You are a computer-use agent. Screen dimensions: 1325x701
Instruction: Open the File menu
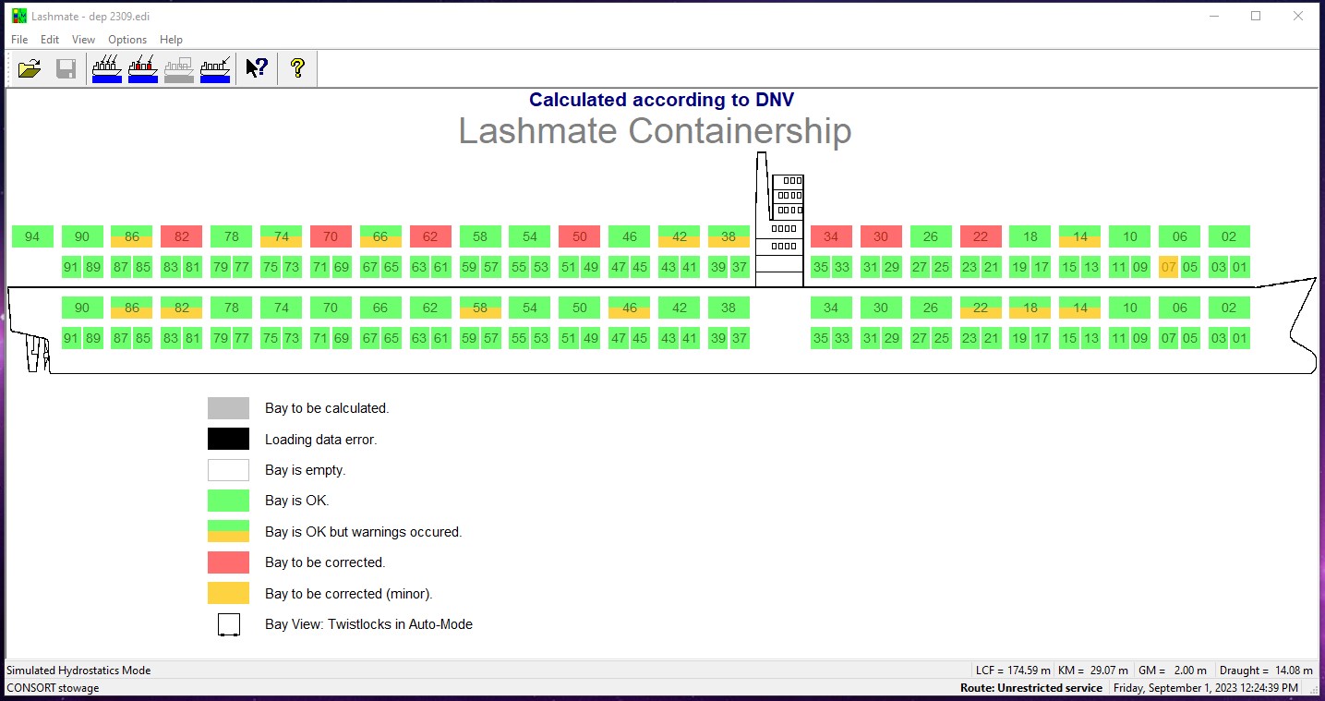point(18,40)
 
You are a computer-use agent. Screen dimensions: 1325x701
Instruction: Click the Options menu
point(127,40)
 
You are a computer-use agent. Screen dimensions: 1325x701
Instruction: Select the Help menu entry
point(171,40)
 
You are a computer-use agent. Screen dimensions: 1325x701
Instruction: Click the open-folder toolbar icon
point(30,68)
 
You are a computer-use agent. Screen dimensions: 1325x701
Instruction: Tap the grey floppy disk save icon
point(66,68)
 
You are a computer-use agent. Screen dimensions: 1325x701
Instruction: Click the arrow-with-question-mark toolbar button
point(257,68)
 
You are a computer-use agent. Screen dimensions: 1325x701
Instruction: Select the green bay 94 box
point(32,236)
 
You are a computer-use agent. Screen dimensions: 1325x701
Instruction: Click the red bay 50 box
point(580,236)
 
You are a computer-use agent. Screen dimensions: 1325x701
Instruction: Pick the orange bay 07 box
point(1168,268)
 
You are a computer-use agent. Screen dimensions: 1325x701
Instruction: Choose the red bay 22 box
point(981,236)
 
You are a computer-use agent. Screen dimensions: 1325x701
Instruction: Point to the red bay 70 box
point(331,236)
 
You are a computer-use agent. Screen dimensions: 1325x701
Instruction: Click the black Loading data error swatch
point(228,439)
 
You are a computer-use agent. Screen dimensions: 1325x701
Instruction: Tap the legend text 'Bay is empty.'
point(306,470)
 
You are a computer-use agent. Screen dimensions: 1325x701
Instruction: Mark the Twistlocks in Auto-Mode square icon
point(229,624)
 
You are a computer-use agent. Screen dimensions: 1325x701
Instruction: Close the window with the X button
point(1298,16)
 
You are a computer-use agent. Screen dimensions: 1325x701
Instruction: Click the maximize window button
point(1256,16)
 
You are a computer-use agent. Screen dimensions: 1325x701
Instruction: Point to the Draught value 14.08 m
point(1294,671)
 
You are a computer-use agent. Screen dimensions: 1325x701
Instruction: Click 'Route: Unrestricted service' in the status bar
point(1031,688)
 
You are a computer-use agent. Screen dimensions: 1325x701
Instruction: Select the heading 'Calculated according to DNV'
point(661,100)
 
